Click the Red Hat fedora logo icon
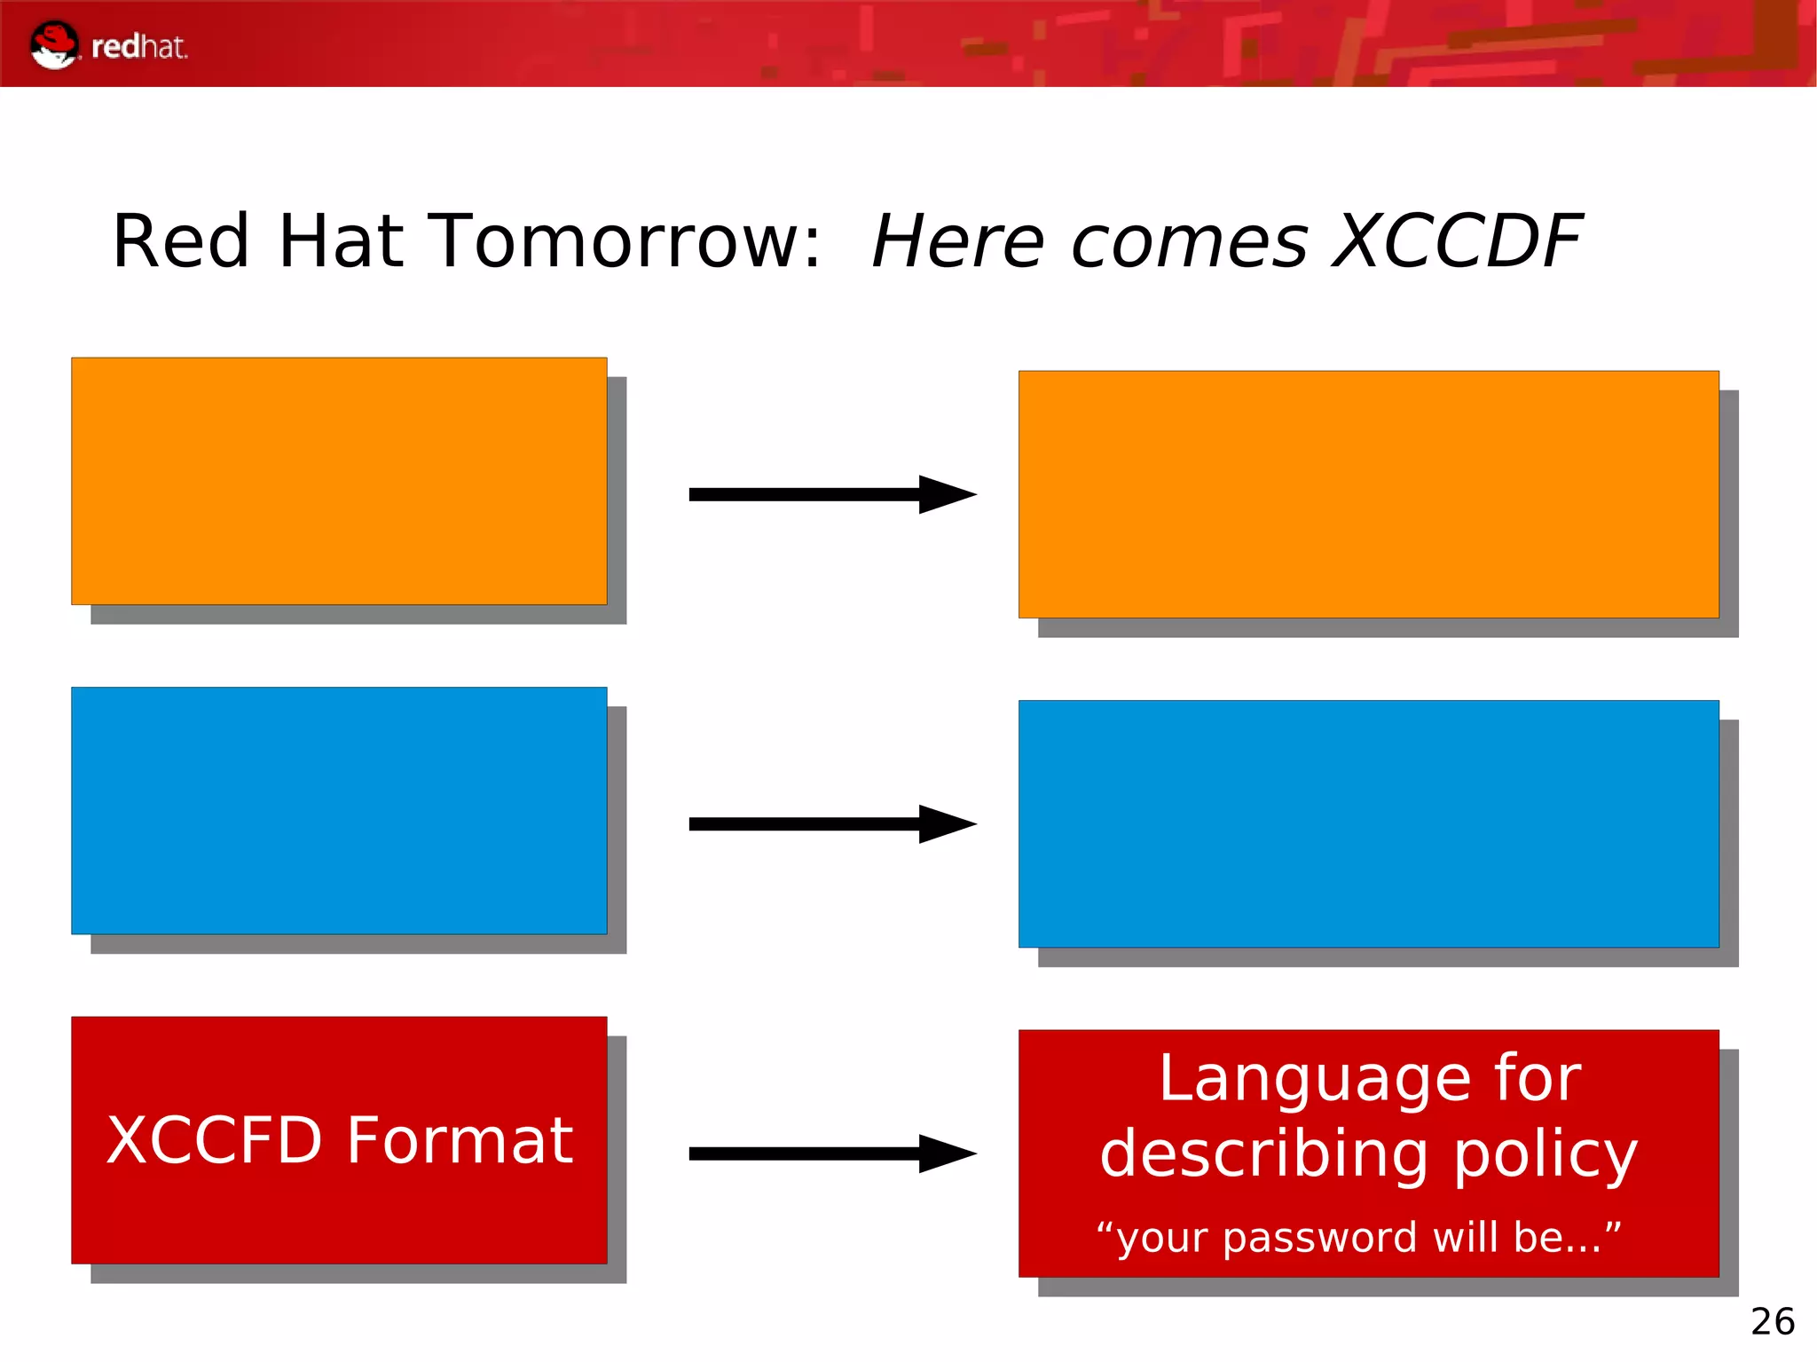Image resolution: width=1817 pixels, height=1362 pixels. click(54, 44)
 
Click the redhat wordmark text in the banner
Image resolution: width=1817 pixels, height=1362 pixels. click(139, 47)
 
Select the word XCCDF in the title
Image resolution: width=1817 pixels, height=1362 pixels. click(1458, 241)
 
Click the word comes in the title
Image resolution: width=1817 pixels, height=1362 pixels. click(1189, 243)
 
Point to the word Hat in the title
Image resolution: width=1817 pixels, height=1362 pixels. click(341, 241)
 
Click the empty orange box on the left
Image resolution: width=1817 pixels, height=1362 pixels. click(339, 481)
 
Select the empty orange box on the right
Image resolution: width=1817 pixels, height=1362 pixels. click(1368, 494)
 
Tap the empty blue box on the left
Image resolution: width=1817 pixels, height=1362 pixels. click(339, 810)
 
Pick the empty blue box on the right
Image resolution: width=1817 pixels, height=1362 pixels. click(1368, 823)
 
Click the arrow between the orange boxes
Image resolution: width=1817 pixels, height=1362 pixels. click(832, 494)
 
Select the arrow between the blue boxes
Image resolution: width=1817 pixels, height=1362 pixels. click(832, 824)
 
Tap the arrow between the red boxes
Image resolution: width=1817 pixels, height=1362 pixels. click(832, 1153)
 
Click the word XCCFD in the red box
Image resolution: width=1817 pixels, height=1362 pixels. click(214, 1141)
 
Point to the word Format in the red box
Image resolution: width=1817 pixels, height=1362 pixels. click(460, 1141)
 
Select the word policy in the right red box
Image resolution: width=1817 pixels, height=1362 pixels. click(1545, 1156)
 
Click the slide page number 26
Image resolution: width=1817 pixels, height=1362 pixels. click(1772, 1322)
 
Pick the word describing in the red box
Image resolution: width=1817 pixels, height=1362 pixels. click(1264, 1155)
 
